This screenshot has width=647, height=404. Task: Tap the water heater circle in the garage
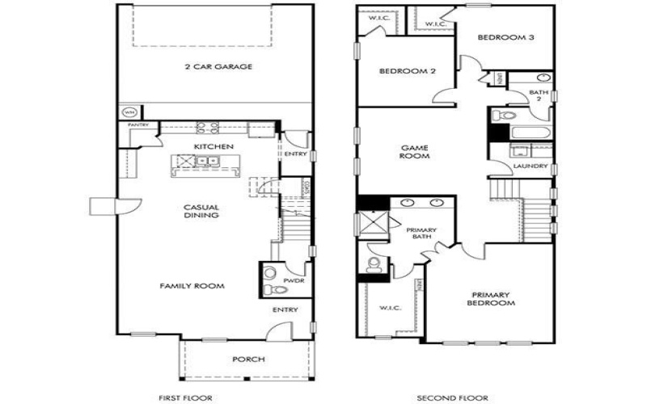(x=128, y=112)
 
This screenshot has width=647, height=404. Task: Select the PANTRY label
(x=135, y=125)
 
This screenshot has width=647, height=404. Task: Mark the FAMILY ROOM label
(x=192, y=286)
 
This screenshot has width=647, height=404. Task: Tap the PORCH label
(x=248, y=360)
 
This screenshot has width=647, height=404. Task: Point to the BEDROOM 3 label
(x=504, y=37)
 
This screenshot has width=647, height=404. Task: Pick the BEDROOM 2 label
(x=408, y=71)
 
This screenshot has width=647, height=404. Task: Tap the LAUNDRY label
(x=531, y=166)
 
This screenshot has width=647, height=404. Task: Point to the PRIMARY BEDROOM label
(x=492, y=298)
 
